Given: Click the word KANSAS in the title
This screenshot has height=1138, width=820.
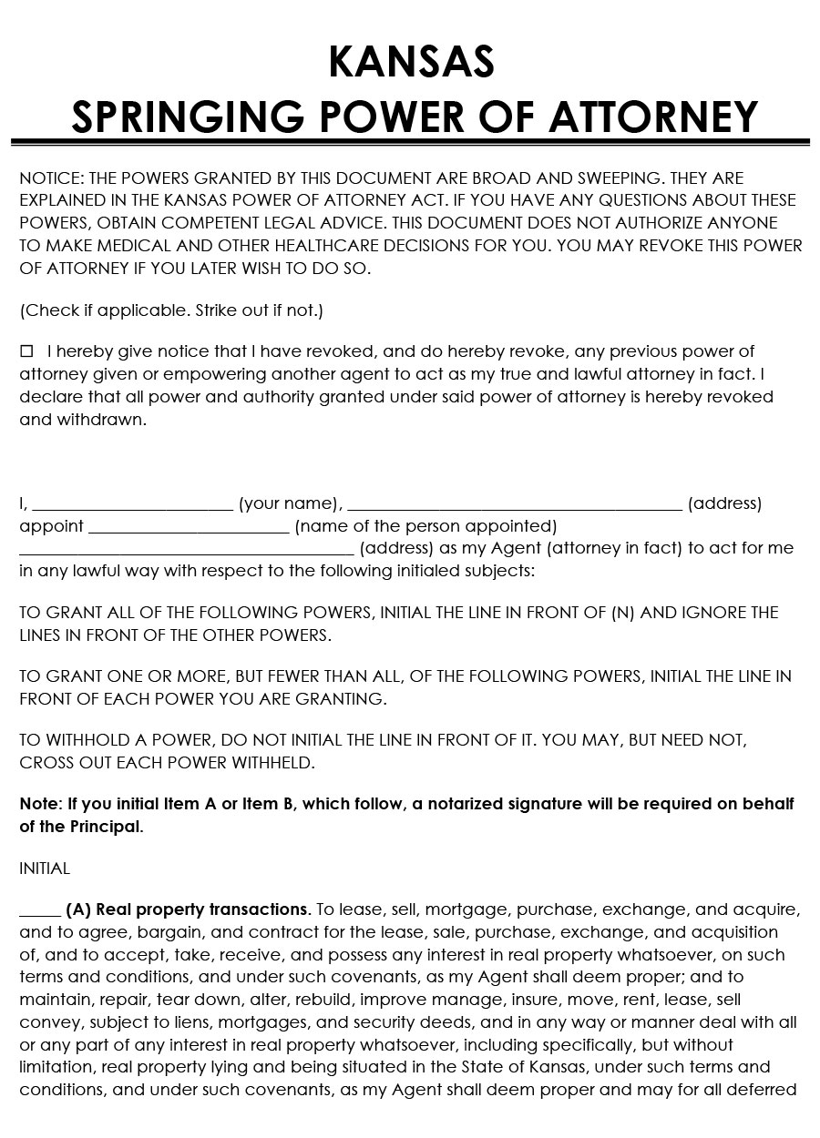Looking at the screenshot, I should click(x=411, y=62).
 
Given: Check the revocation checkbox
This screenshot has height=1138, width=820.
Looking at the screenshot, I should click(x=26, y=351).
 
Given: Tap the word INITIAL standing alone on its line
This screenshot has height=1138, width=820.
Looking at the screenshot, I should click(x=45, y=869).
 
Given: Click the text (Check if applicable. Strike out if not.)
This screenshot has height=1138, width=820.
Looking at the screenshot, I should click(x=171, y=310).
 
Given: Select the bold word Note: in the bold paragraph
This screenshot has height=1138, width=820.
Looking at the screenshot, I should click(x=41, y=804).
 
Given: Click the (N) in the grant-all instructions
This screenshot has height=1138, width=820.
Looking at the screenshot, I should click(x=622, y=613).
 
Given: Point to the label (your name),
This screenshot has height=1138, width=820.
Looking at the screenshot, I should click(x=291, y=503).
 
